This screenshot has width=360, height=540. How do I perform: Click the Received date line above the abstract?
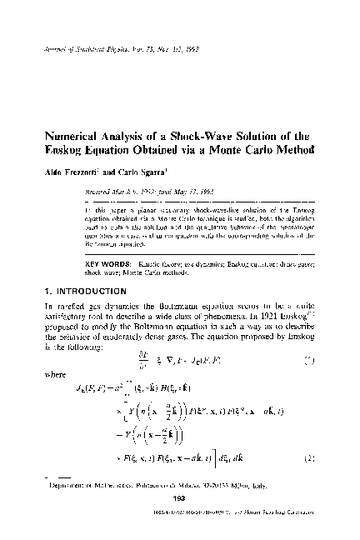click(x=125, y=191)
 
